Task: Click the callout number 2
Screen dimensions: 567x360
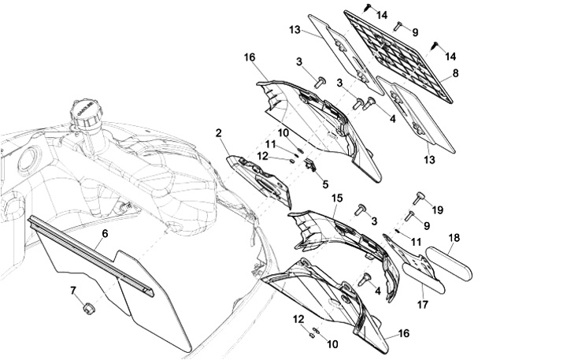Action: point(218,133)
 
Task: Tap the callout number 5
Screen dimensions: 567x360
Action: point(325,184)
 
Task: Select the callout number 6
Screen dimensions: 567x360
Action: point(105,234)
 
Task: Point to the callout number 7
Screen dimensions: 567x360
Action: point(73,290)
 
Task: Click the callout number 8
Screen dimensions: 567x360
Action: point(455,73)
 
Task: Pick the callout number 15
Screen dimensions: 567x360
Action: point(337,199)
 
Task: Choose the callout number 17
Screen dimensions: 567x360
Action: point(423,305)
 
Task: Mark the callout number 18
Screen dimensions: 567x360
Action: point(454,238)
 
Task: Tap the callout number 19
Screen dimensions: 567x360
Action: point(438,210)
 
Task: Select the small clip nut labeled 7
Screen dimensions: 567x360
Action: point(88,309)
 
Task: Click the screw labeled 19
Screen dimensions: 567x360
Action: point(419,198)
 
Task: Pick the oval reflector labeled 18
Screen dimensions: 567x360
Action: point(449,263)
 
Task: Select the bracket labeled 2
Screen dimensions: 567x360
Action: point(259,181)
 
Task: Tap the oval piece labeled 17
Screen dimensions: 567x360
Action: point(424,277)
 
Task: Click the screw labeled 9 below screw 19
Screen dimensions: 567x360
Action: point(409,216)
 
